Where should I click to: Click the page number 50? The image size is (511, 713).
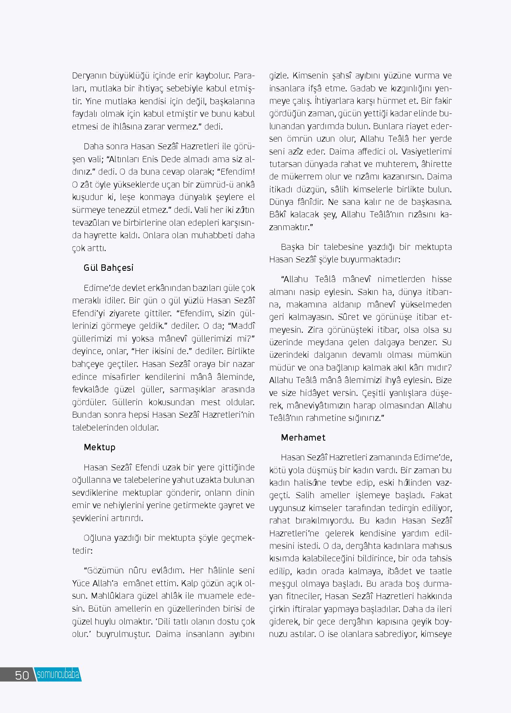(22, 675)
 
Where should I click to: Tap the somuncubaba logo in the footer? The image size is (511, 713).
(58, 675)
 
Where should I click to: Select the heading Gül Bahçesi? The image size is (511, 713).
(108, 268)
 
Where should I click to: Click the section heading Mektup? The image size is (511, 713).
(99, 447)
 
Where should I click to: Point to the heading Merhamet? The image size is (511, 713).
(303, 437)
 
